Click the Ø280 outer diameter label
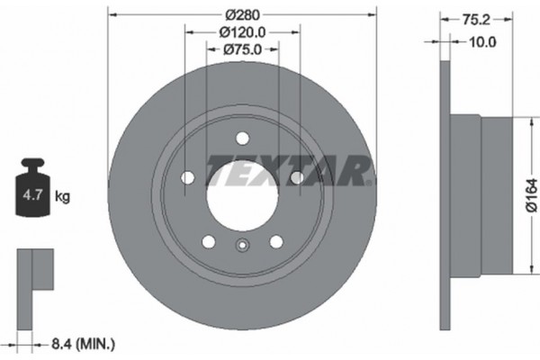click(x=240, y=13)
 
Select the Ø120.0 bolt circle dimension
click(x=240, y=32)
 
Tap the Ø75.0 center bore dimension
click(x=240, y=50)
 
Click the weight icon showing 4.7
click(x=34, y=191)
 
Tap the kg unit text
click(x=64, y=194)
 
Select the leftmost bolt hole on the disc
click(x=187, y=177)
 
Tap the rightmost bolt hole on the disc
click(x=295, y=177)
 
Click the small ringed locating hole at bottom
click(x=241, y=248)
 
